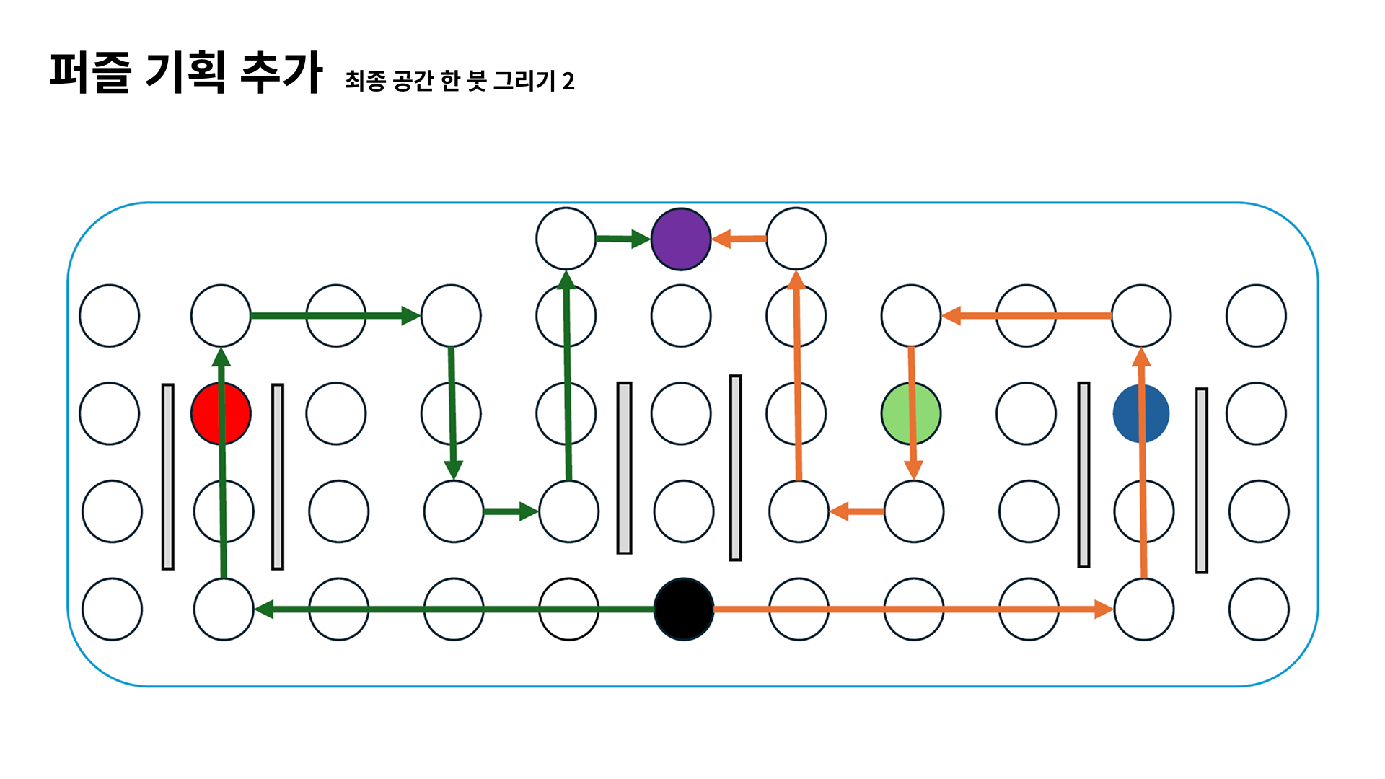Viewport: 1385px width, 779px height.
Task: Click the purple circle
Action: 681,239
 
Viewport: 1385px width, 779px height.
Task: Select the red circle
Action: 221,413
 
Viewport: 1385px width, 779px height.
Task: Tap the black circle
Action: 683,609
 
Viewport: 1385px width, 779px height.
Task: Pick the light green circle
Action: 911,413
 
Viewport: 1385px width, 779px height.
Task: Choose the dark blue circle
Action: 1140,413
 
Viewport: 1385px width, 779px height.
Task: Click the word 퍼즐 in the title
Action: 91,72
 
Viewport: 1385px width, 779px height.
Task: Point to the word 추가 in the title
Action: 281,72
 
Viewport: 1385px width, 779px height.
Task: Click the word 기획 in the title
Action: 185,72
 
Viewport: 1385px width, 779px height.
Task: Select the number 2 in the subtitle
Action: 568,82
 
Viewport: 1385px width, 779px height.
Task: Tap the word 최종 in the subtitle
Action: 365,81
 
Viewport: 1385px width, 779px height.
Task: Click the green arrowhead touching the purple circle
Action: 641,239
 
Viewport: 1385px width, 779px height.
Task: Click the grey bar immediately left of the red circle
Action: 168,476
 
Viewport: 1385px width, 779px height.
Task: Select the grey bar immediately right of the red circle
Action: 278,476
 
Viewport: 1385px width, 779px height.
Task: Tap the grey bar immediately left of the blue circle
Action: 1083,475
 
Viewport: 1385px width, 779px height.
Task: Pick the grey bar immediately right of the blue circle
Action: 1202,480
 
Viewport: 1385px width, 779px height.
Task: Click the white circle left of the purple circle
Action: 566,239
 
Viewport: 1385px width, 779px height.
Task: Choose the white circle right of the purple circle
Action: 796,239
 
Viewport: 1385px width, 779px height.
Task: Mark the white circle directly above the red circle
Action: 221,315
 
